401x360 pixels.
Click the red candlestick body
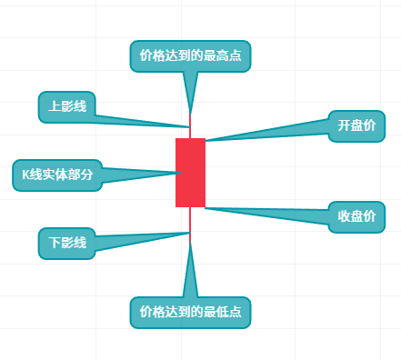tap(190, 173)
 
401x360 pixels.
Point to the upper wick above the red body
tap(190, 133)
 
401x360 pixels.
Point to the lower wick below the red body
tap(190, 220)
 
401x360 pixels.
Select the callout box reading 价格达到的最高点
tap(190, 55)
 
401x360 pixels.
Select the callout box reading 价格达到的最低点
tap(190, 312)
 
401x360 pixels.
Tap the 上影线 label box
tap(67, 106)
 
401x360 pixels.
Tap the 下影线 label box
tap(67, 243)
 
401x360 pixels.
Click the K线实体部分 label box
tap(56, 175)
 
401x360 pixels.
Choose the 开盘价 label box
tap(356, 126)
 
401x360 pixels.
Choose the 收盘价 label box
tap(356, 216)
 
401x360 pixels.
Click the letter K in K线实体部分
tap(26, 175)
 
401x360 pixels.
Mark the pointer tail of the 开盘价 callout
tap(273, 133)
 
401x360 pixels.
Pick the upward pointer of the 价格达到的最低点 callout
tap(190, 273)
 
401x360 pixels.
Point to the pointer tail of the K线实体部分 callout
tap(136, 174)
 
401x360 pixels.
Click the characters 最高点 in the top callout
tap(223, 55)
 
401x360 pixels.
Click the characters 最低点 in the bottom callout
tap(223, 312)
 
